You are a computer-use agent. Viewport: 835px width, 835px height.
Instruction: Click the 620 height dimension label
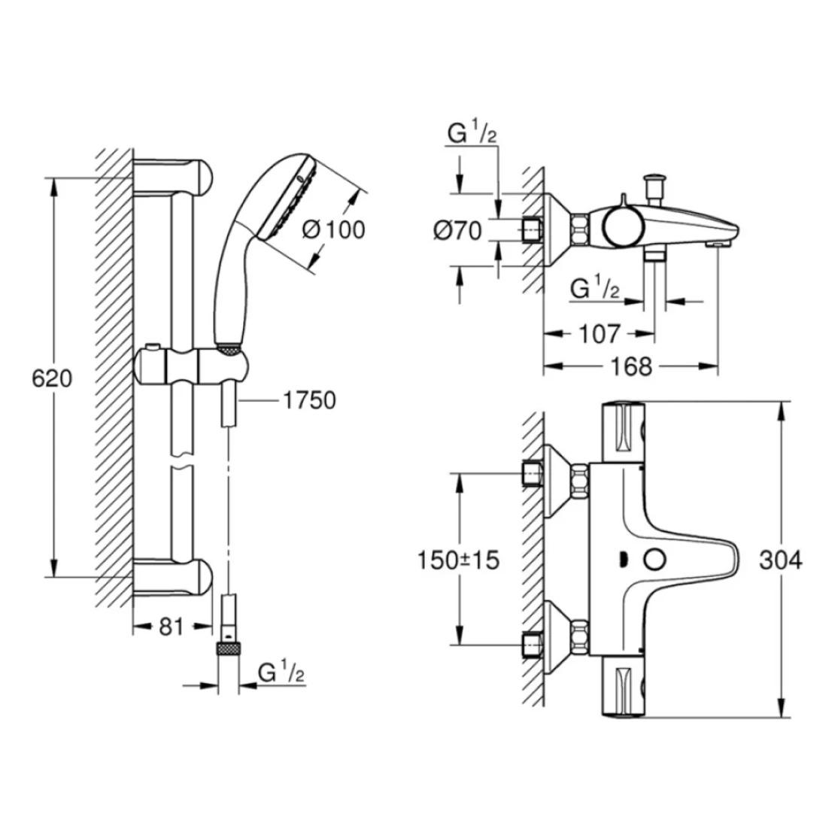click(x=52, y=378)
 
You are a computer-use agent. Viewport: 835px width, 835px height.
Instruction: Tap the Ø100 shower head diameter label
click(x=334, y=229)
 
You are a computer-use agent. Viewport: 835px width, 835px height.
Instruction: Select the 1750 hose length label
click(x=309, y=400)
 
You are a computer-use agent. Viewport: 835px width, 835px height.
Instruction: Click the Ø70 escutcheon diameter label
click(x=457, y=231)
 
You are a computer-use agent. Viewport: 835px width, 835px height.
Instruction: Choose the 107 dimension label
click(x=600, y=334)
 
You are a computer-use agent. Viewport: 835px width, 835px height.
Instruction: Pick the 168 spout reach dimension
click(x=631, y=366)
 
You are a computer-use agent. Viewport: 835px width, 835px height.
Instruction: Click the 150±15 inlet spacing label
click(x=458, y=560)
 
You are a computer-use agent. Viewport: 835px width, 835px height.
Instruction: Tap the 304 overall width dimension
click(x=781, y=560)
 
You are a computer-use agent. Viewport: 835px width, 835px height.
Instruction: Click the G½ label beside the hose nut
click(x=281, y=671)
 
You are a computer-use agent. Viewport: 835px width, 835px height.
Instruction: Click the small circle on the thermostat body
click(x=654, y=560)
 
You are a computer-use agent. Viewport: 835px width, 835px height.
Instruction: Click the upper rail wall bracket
click(x=173, y=177)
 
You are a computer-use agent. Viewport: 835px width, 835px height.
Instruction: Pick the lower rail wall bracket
click(x=173, y=577)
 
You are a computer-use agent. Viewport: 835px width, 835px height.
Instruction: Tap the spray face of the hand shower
click(x=288, y=197)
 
